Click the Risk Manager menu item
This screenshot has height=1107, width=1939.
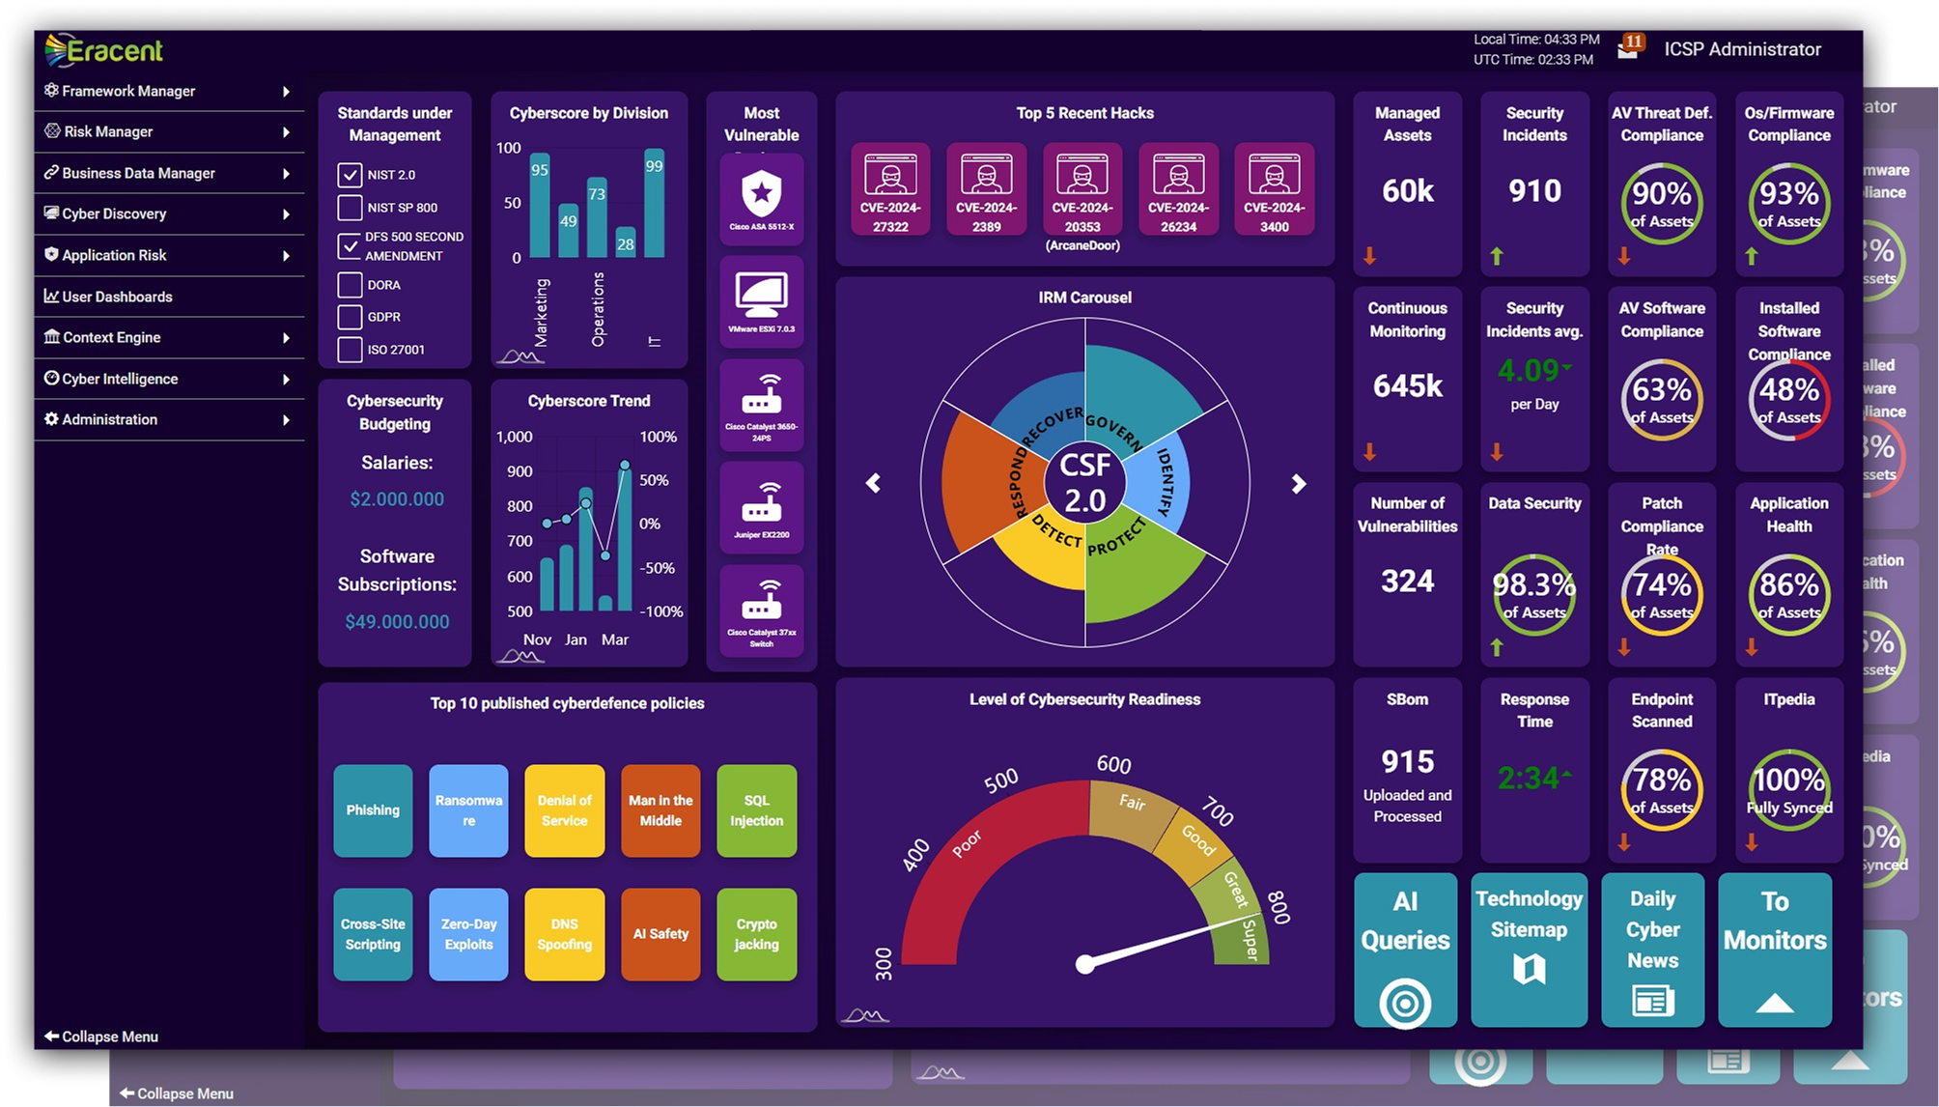pyautogui.click(x=108, y=131)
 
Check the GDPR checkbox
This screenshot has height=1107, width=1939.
pyautogui.click(x=350, y=317)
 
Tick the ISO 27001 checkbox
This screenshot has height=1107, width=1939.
pyautogui.click(x=350, y=350)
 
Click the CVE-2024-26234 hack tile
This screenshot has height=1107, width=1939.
pyautogui.click(x=1178, y=189)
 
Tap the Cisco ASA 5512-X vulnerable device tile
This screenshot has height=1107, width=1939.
pyautogui.click(x=761, y=198)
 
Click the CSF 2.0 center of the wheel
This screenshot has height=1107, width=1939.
pyautogui.click(x=1084, y=482)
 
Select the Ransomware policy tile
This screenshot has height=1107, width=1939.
pyautogui.click(x=468, y=810)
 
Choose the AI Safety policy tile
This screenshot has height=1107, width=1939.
pyautogui.click(x=660, y=934)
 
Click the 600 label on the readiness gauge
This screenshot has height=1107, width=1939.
pyautogui.click(x=1113, y=764)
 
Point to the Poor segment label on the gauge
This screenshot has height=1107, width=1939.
pyautogui.click(x=967, y=843)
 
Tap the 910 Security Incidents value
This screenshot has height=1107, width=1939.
pyautogui.click(x=1534, y=191)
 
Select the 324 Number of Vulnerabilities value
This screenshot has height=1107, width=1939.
pyautogui.click(x=1407, y=582)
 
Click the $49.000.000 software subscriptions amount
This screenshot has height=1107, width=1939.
pyautogui.click(x=397, y=622)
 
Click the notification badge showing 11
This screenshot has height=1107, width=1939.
pyautogui.click(x=1633, y=43)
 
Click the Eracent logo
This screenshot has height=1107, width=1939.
pyautogui.click(x=104, y=50)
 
